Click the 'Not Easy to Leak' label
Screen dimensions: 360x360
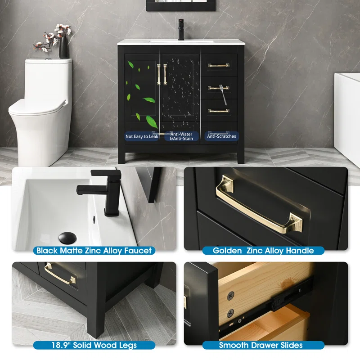click(142, 136)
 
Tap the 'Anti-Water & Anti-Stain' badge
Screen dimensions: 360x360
click(181, 136)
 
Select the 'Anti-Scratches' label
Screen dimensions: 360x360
click(221, 136)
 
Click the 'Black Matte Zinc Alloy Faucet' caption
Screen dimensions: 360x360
click(94, 251)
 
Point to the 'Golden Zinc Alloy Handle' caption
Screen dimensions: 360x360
click(263, 251)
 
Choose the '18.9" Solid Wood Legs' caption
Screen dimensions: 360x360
click(94, 345)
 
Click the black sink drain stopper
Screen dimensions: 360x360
click(67, 238)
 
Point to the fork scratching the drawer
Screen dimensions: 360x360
click(223, 94)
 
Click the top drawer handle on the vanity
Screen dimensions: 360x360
click(219, 65)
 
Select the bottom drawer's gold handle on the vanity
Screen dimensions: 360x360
click(219, 111)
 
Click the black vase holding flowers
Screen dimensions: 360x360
click(63, 47)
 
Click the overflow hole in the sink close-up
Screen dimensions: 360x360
click(94, 219)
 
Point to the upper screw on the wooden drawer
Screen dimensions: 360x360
click(230, 296)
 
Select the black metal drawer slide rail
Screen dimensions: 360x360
click(266, 308)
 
